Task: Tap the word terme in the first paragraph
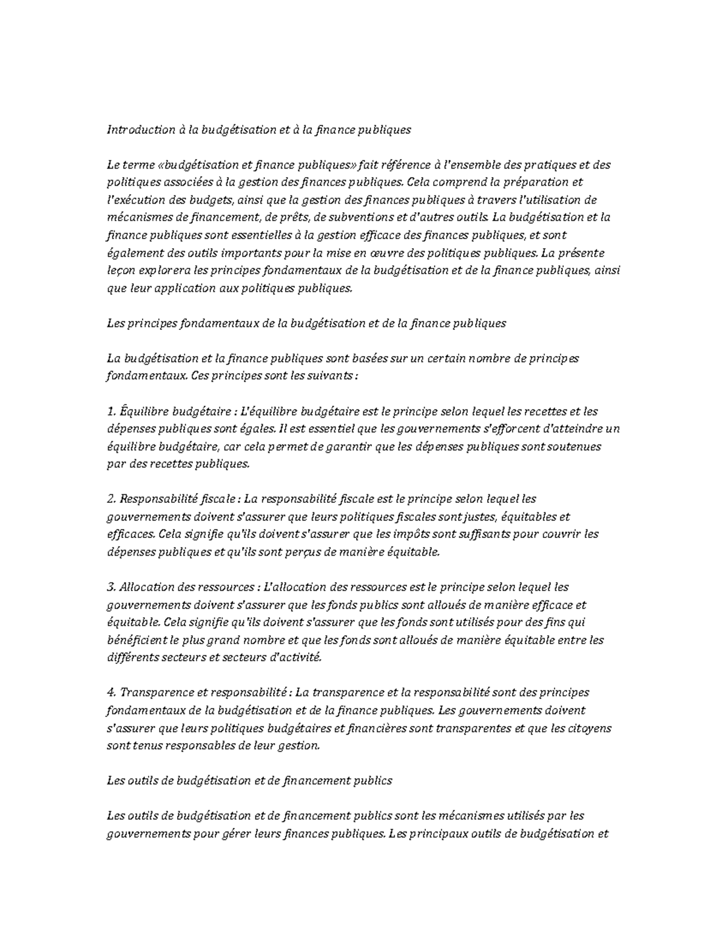click(x=140, y=165)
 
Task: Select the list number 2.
click(x=110, y=500)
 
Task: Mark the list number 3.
click(x=110, y=588)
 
